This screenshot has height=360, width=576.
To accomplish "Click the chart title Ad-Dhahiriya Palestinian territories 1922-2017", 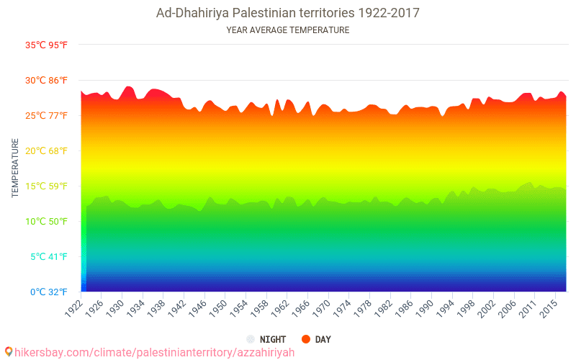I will pos(288,13).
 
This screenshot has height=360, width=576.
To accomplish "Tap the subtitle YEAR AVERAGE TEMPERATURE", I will pos(288,30).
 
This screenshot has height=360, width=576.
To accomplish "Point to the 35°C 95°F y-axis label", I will pos(47,45).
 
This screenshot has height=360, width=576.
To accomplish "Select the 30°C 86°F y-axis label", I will pos(47,81).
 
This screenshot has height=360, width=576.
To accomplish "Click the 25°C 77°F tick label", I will pos(47,116).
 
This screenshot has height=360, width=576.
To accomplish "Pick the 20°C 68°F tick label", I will pos(47,151).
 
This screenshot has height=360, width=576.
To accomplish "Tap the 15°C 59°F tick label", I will pos(47,186).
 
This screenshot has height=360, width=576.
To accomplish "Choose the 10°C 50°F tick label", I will pos(47,222).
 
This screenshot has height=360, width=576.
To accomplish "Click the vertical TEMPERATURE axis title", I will pos(15,168).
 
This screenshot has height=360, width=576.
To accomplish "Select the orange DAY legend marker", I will pos(305,339).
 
